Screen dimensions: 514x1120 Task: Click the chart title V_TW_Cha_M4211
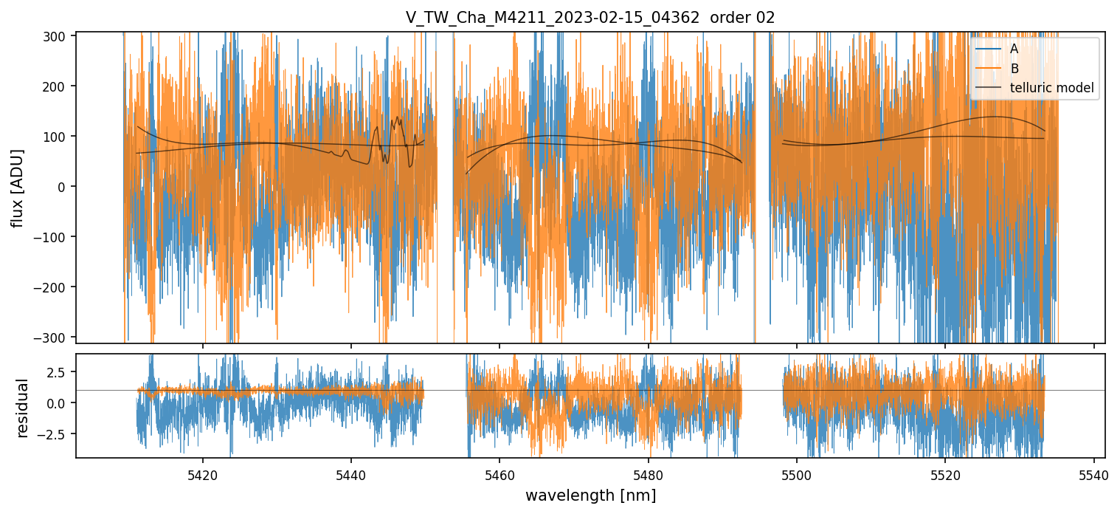point(552,18)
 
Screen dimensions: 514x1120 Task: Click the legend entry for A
point(1014,49)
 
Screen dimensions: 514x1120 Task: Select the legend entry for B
point(1014,69)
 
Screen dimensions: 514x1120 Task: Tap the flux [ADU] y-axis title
point(17,188)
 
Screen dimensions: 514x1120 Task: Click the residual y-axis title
point(23,408)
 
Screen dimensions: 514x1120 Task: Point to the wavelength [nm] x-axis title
point(590,495)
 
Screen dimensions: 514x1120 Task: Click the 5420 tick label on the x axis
point(203,473)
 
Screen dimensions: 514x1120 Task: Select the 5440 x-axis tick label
point(351,473)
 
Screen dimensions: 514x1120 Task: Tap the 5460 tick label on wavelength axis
point(499,473)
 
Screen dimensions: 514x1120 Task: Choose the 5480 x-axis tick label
point(648,473)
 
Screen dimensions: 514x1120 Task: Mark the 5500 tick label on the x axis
point(797,473)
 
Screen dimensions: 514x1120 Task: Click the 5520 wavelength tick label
point(945,473)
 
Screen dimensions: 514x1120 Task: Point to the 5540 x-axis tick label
point(1093,473)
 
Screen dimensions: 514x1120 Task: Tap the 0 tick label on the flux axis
point(63,187)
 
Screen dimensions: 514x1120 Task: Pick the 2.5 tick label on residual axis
point(58,370)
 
